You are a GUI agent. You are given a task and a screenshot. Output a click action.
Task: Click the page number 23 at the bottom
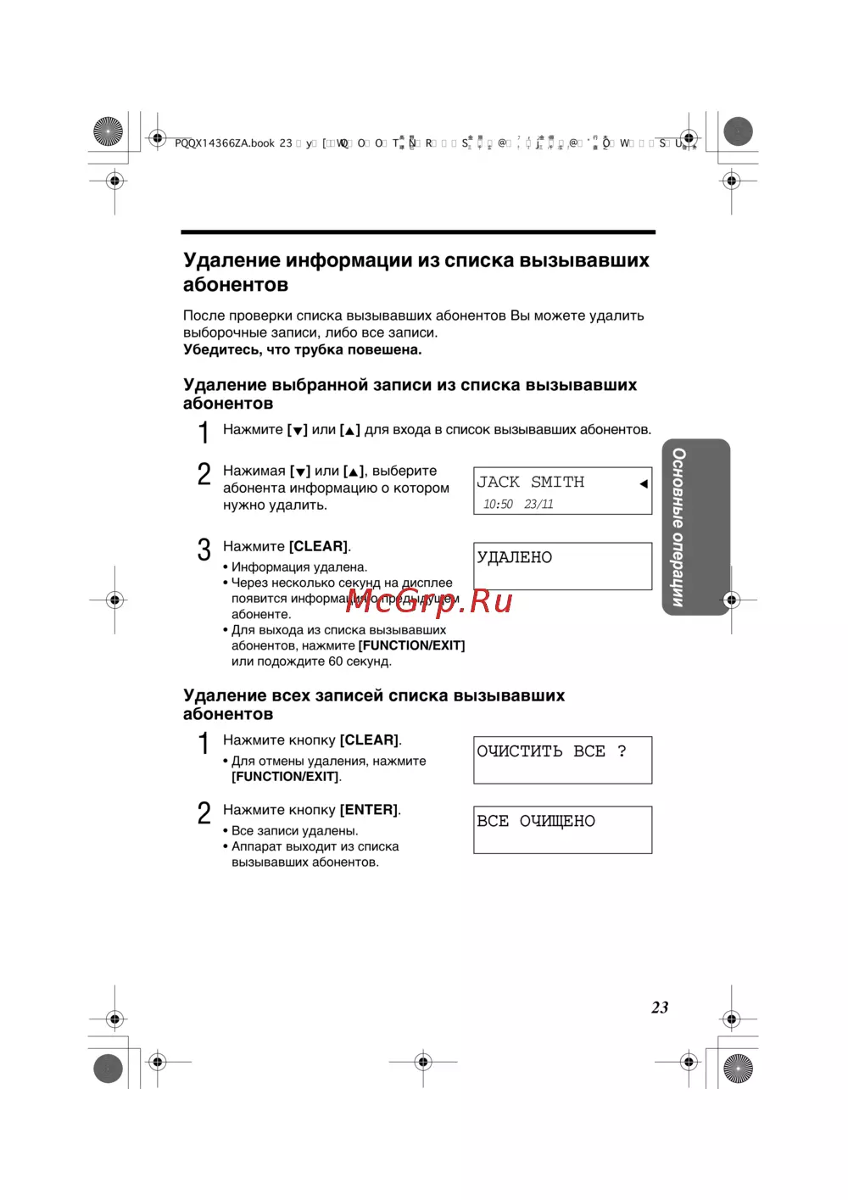coord(660,1007)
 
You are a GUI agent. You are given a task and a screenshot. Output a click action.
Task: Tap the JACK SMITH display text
coord(530,482)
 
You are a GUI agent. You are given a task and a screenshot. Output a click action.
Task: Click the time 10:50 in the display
coord(498,504)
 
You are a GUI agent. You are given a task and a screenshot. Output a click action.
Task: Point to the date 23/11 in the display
coord(538,504)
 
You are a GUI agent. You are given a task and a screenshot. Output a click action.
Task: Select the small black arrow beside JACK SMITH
coord(644,483)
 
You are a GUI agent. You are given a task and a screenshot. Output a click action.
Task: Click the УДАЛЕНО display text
coord(514,557)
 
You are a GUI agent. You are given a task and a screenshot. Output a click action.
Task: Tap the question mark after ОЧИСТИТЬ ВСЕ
coord(622,751)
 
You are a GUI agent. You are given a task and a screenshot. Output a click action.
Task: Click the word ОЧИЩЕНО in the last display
coord(557,821)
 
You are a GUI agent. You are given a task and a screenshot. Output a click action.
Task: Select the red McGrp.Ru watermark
coord(429,601)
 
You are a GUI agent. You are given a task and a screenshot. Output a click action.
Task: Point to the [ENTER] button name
coord(369,810)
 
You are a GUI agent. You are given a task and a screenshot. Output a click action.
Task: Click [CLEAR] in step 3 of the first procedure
coord(318,546)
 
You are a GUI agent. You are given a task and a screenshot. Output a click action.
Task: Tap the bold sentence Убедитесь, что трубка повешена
coord(302,349)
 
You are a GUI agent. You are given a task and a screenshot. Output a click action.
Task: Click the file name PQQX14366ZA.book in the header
coord(225,143)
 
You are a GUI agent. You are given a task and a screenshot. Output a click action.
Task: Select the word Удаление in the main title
coord(232,260)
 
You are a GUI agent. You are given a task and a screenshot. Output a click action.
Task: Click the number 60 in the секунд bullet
coord(335,661)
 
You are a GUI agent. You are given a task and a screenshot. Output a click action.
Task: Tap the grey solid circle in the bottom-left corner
coord(108,1069)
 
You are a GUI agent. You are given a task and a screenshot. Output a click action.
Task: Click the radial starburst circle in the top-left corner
coord(108,131)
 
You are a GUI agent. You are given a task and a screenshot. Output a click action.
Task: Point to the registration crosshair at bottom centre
coord(423,1061)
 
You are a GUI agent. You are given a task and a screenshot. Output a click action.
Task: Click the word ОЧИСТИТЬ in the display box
coord(520,751)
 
